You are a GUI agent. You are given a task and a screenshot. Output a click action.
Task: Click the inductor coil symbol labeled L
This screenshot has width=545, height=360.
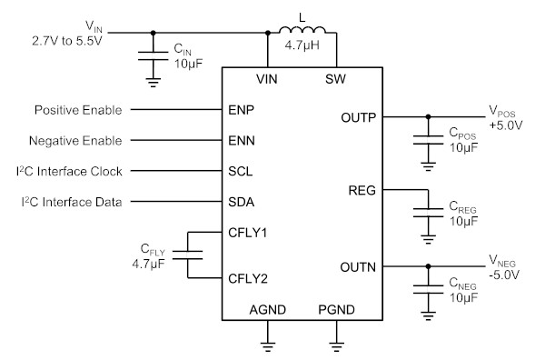[302, 30]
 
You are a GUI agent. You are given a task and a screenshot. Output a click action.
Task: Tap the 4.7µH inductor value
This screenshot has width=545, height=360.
[302, 45]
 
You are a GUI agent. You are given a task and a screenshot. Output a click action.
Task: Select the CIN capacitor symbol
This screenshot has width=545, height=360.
[153, 56]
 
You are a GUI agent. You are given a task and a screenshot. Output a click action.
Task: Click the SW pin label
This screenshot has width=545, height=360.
[335, 79]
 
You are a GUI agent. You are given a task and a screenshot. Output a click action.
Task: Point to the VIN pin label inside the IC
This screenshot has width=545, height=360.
[266, 79]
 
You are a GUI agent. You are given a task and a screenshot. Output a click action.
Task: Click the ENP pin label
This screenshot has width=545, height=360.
[241, 110]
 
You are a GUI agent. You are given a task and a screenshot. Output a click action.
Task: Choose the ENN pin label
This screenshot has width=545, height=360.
[242, 141]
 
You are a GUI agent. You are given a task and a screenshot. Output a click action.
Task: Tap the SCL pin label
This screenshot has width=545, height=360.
[240, 171]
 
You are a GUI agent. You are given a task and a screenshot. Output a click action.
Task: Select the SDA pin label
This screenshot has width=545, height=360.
[241, 202]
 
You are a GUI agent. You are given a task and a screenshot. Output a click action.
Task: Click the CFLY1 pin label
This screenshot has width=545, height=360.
[247, 233]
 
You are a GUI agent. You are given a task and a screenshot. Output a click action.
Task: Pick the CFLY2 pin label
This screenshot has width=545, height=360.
[248, 278]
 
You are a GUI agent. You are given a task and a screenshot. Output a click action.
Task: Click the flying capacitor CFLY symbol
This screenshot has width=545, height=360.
[187, 255]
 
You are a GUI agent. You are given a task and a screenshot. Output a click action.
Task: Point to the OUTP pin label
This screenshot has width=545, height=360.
[359, 117]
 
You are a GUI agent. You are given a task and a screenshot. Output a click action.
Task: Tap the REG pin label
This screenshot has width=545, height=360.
[362, 190]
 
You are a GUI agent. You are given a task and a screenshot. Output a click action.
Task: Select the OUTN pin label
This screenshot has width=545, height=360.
[358, 267]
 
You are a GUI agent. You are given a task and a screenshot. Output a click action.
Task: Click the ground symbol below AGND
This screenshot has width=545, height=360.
[268, 346]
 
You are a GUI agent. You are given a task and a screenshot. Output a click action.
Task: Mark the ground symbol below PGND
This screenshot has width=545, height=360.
[336, 346]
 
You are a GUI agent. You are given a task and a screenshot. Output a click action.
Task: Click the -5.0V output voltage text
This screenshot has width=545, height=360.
[504, 275]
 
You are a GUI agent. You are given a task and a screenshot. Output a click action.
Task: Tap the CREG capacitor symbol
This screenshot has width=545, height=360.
[428, 213]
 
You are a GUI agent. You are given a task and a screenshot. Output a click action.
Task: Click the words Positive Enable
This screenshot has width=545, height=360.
[78, 110]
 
